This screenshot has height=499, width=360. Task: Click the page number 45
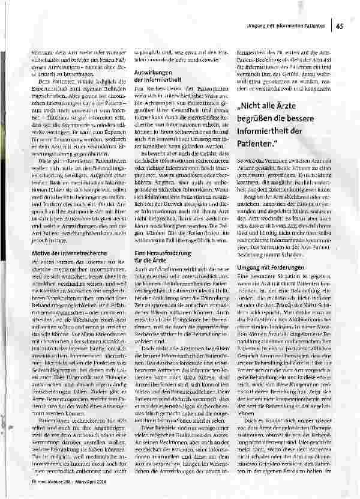(x=340, y=25)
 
